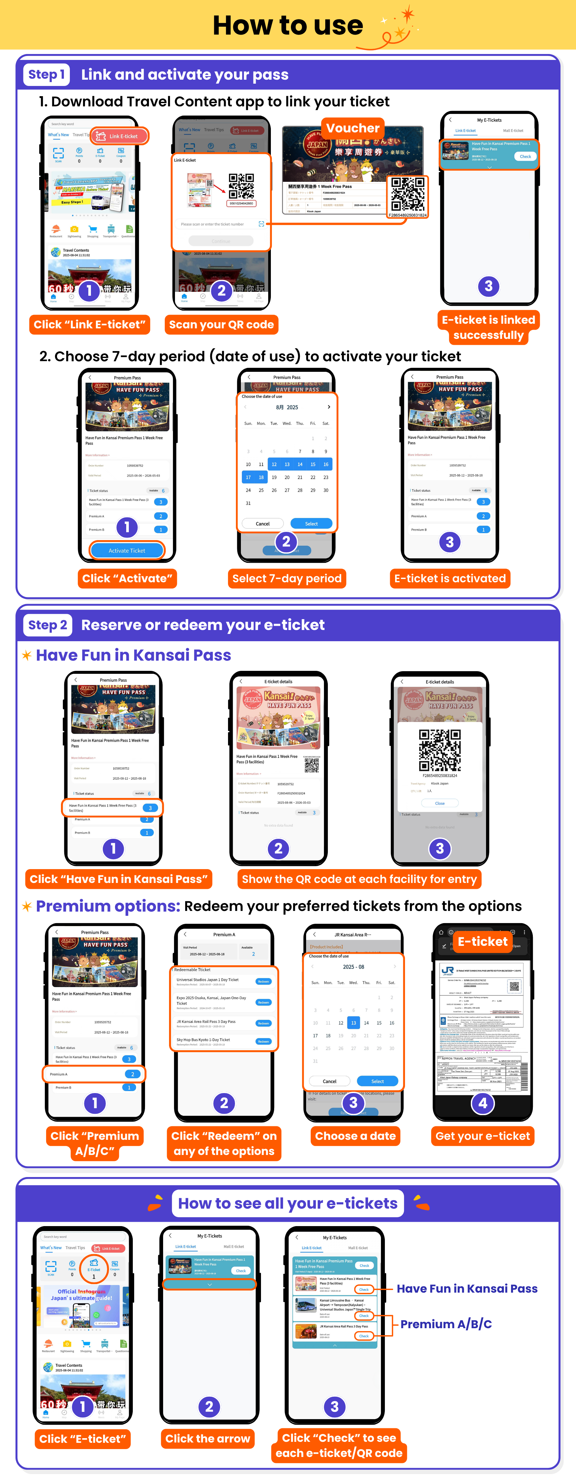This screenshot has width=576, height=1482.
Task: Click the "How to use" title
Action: click(x=288, y=25)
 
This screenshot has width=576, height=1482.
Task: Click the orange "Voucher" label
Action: click(x=353, y=128)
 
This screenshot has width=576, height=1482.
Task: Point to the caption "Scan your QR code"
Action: click(x=221, y=324)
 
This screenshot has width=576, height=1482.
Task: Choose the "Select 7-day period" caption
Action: click(x=287, y=578)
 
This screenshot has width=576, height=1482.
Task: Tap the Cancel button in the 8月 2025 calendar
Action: click(x=262, y=524)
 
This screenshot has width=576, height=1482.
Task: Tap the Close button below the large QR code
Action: click(x=440, y=803)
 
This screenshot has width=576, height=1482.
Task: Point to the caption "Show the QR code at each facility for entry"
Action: click(x=359, y=879)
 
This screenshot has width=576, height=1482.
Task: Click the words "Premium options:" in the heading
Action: click(x=108, y=906)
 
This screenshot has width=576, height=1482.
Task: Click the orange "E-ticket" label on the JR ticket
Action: click(x=482, y=941)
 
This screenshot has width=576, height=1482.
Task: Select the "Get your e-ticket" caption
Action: click(x=482, y=1136)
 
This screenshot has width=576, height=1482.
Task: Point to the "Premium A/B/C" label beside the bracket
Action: click(x=446, y=1324)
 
